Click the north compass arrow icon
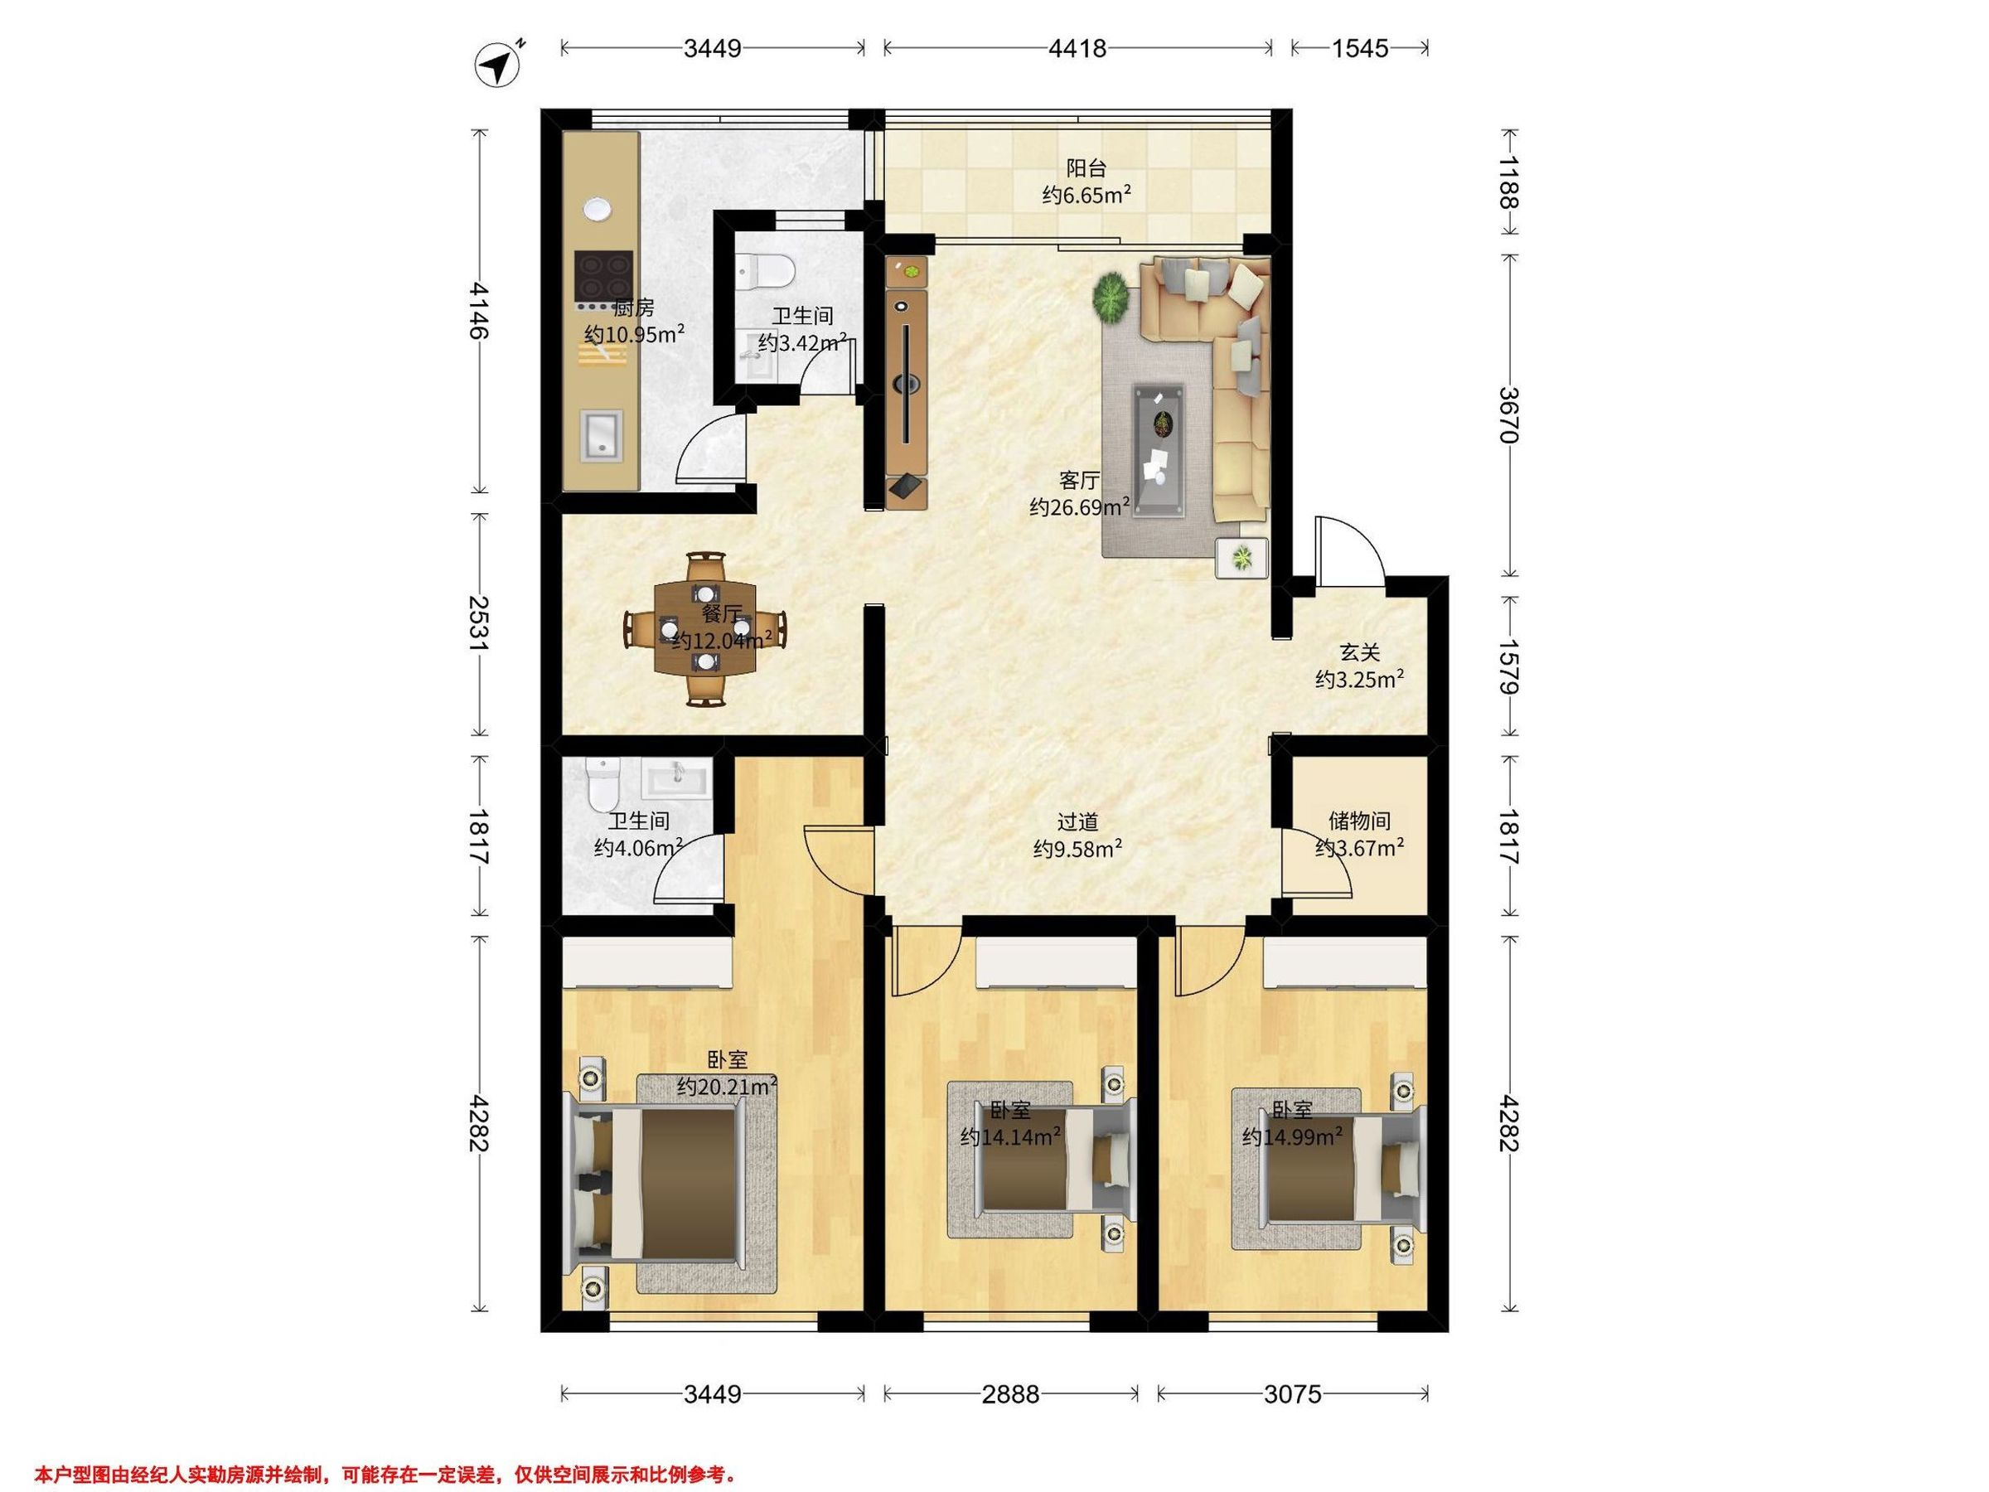pyautogui.click(x=497, y=65)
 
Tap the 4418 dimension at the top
pyautogui.click(x=1077, y=48)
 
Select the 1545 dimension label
pyautogui.click(x=1360, y=48)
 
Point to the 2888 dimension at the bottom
pyautogui.click(x=1011, y=1394)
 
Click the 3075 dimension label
pyautogui.click(x=1292, y=1394)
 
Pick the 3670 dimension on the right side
pyautogui.click(x=1509, y=415)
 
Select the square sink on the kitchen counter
pyautogui.click(x=601, y=435)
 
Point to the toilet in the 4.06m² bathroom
pyautogui.click(x=602, y=785)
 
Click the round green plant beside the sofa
pyautogui.click(x=1112, y=298)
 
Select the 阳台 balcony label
pyautogui.click(x=1086, y=168)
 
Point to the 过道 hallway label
pyautogui.click(x=1077, y=821)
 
